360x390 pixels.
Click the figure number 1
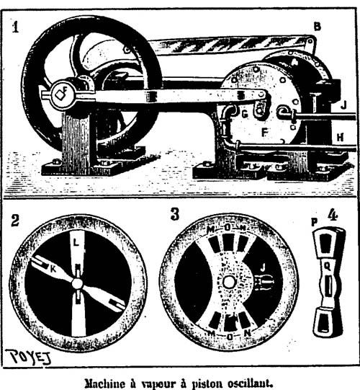(15, 27)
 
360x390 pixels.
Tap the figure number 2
(15, 220)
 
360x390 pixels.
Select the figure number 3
(175, 214)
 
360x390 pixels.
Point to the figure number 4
(333, 215)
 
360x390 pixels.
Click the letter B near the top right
(317, 27)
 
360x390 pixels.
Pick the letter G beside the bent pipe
(245, 114)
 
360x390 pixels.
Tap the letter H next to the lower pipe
(340, 137)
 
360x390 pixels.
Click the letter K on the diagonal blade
(53, 269)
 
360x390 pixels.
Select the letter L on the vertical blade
(76, 242)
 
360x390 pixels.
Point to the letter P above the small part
(315, 223)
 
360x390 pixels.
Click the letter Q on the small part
(328, 267)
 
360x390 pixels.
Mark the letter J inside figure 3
(263, 267)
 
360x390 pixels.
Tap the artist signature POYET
(28, 357)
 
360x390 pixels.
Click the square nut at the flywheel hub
(60, 94)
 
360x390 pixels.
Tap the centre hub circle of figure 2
(77, 283)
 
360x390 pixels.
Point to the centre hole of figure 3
(228, 283)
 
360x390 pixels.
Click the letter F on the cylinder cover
(265, 133)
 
